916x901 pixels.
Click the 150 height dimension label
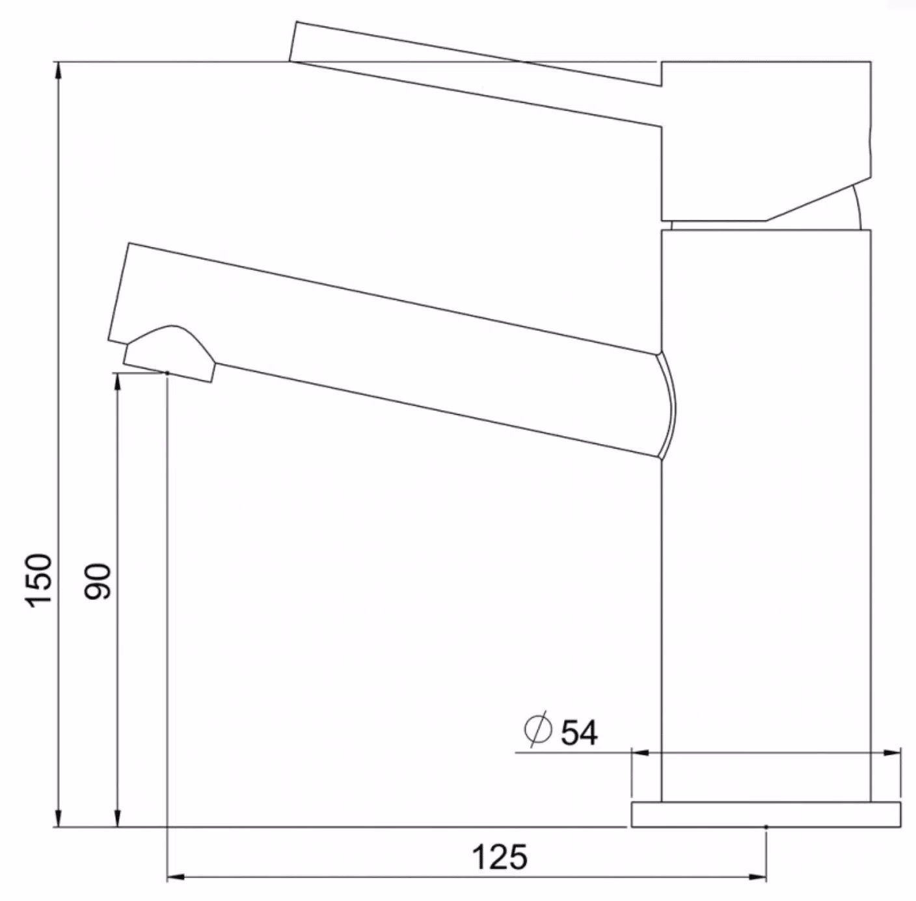[39, 581]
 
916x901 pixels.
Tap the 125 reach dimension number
[500, 857]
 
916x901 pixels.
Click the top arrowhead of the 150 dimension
[59, 72]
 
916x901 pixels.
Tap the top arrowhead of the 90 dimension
[118, 383]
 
